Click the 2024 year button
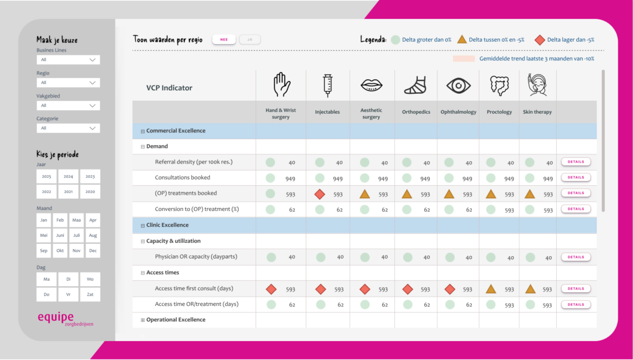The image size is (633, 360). (x=68, y=176)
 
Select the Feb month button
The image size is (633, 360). (x=60, y=220)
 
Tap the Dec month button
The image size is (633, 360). (x=93, y=250)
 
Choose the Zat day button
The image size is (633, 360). (x=90, y=294)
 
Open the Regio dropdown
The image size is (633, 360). (x=68, y=83)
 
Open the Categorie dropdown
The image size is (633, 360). (x=68, y=128)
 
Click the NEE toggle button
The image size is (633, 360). (x=224, y=39)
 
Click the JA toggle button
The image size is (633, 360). (x=250, y=39)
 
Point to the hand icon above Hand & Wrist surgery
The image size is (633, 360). (x=281, y=85)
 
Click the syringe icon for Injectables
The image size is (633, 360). (x=328, y=86)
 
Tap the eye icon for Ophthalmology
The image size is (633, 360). (x=458, y=86)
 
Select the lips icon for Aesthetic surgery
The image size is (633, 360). (x=372, y=86)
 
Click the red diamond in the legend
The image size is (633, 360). (x=540, y=40)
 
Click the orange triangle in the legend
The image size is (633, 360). (x=462, y=40)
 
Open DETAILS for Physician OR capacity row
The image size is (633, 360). (x=576, y=257)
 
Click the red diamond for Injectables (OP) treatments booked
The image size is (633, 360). (x=319, y=193)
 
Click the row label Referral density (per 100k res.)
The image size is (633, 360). (x=193, y=162)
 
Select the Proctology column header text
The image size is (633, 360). (x=499, y=112)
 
